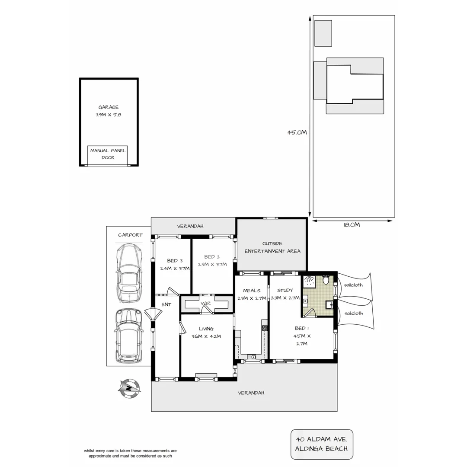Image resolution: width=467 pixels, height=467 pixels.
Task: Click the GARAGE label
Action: click(x=108, y=107)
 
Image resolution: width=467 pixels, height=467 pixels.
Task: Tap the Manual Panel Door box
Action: click(x=108, y=154)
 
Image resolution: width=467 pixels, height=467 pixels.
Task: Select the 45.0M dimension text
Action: click(x=297, y=133)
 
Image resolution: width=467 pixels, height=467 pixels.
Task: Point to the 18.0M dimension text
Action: click(x=351, y=225)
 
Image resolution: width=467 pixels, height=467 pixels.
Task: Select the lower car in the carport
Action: click(x=128, y=336)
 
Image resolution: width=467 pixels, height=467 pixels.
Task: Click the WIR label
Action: click(x=205, y=304)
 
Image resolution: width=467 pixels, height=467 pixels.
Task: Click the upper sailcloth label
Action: click(x=353, y=285)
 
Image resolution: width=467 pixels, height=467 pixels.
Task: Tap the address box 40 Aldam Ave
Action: click(x=321, y=444)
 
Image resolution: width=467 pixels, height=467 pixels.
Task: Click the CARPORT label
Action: click(x=130, y=235)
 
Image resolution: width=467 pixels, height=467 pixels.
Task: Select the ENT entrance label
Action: click(x=166, y=304)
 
